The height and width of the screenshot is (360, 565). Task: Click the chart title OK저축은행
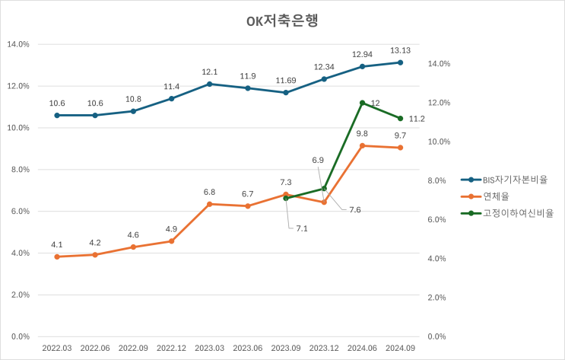click(282, 21)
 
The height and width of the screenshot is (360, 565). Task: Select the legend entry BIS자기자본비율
click(515, 180)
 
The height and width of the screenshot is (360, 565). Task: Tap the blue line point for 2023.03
click(210, 84)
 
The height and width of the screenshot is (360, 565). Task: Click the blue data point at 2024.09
click(401, 62)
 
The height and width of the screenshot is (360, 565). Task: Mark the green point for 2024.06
click(363, 103)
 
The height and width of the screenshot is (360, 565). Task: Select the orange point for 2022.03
click(57, 256)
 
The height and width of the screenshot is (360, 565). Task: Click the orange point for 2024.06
click(363, 145)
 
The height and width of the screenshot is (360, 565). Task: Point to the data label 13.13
click(401, 51)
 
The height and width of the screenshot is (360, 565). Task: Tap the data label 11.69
click(286, 81)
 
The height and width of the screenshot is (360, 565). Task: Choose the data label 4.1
click(57, 244)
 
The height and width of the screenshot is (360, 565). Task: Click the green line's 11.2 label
click(416, 119)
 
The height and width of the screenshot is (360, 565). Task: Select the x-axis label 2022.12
click(171, 347)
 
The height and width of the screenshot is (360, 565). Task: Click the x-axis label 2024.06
click(363, 347)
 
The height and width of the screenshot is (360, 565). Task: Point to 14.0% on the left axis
click(17, 44)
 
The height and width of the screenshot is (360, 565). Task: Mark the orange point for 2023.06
click(248, 205)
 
